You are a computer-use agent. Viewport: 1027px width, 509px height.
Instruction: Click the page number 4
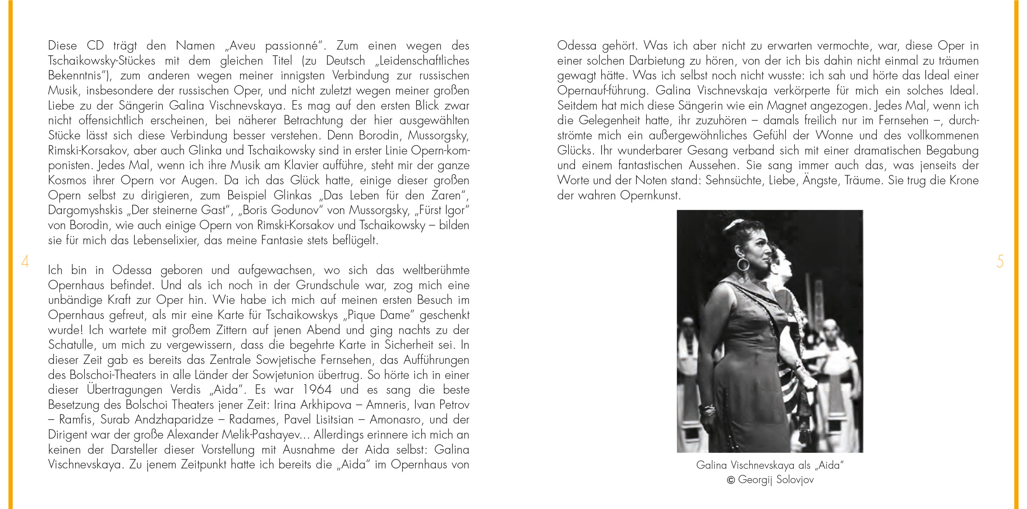tap(25, 262)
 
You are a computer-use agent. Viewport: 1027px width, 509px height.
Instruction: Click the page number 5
tap(1000, 262)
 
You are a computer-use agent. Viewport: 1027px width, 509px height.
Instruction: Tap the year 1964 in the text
tap(317, 389)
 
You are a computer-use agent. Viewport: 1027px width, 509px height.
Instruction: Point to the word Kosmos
tap(67, 180)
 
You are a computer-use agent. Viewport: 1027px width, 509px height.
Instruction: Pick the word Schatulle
tap(71, 345)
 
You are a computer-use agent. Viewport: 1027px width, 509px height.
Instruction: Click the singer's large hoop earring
tap(743, 265)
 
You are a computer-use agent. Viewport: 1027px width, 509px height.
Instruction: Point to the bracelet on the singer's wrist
tap(709, 409)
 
